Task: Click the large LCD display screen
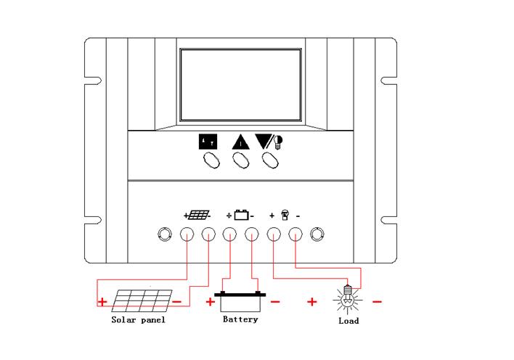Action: (240, 84)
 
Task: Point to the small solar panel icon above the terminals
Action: (198, 215)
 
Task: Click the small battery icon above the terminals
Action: (242, 215)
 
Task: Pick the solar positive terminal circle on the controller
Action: (187, 234)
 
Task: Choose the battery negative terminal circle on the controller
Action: (252, 234)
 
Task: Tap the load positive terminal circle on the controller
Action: (274, 234)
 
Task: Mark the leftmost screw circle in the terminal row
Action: (164, 234)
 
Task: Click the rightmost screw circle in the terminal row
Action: (317, 234)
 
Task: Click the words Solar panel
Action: (138, 319)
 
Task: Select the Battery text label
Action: (240, 319)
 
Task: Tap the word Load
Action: (348, 320)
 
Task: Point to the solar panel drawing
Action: (142, 300)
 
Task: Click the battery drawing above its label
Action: (240, 300)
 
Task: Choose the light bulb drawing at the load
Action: (348, 298)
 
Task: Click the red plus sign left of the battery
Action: (211, 300)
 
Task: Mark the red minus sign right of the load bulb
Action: (378, 300)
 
